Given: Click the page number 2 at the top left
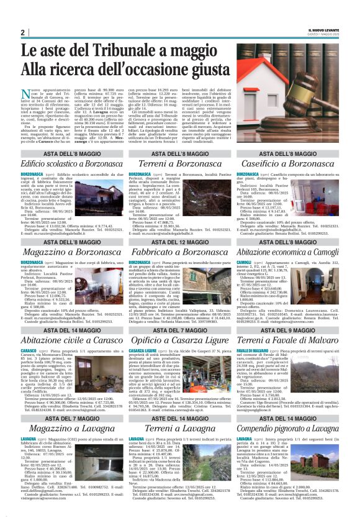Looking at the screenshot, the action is click(22, 32).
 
